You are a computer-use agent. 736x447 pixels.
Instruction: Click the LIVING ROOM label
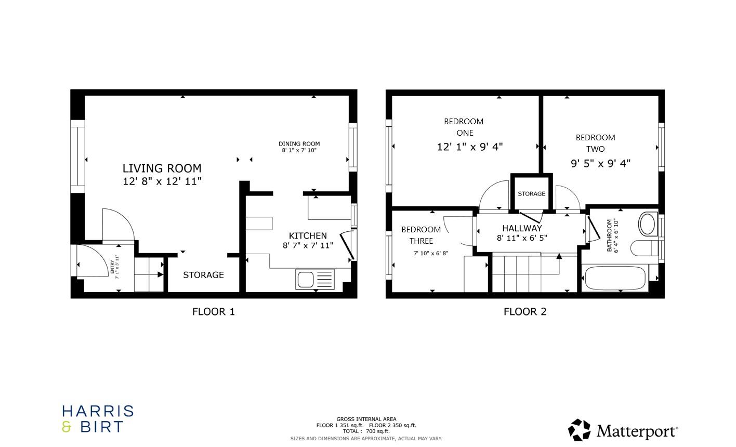tap(162, 168)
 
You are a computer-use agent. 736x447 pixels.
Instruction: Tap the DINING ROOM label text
tap(299, 144)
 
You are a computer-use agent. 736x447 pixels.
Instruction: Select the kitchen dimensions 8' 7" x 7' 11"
tap(308, 245)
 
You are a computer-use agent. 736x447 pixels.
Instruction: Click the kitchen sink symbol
tap(314, 279)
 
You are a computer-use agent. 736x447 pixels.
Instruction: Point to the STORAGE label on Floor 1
tap(203, 275)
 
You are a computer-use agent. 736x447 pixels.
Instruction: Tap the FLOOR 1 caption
tap(213, 312)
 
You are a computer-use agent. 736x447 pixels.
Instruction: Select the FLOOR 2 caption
tap(525, 312)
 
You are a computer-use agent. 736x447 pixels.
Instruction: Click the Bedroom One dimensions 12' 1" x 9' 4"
tap(470, 147)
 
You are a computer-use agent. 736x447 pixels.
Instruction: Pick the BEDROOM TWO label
tap(595, 143)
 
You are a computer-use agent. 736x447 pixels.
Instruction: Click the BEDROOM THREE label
tap(421, 235)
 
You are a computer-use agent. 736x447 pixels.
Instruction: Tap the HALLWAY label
tap(522, 228)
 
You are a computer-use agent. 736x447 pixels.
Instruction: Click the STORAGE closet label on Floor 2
tap(531, 194)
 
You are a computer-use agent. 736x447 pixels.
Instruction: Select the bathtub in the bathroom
tap(614, 278)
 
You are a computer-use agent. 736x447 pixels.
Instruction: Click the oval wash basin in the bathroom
tap(648, 224)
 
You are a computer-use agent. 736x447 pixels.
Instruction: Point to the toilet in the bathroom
tap(643, 248)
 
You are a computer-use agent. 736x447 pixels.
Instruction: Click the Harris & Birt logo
tap(98, 419)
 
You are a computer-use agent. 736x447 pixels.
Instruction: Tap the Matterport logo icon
tap(579, 430)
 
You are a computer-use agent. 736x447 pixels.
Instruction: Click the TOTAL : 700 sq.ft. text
tap(366, 431)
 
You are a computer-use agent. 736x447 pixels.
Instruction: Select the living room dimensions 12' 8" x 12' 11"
tap(162, 181)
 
